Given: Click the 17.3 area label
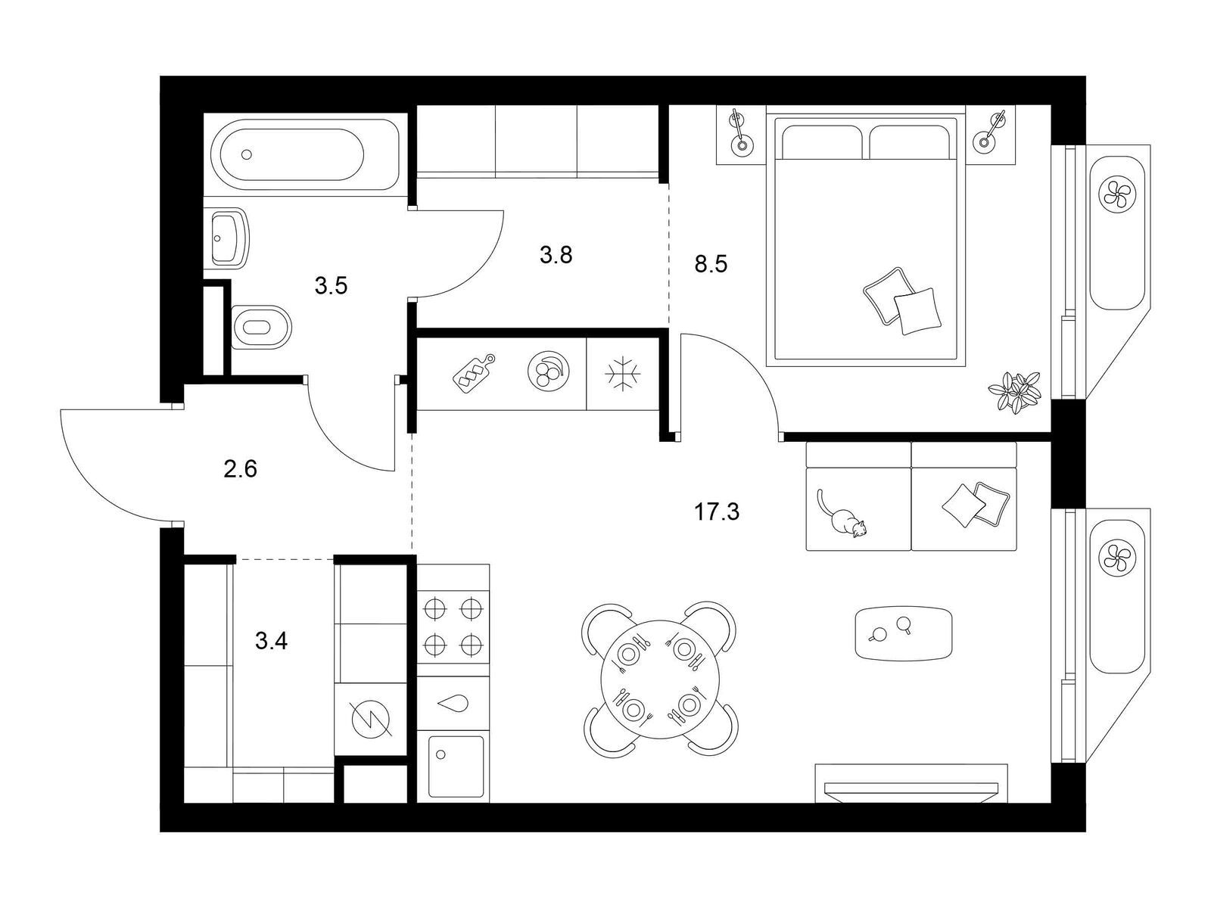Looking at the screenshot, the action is pyautogui.click(x=716, y=513).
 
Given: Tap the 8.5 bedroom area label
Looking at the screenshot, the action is pyautogui.click(x=711, y=264).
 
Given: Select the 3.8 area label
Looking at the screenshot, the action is pyautogui.click(x=556, y=255).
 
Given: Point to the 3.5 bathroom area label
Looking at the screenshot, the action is pyautogui.click(x=331, y=285).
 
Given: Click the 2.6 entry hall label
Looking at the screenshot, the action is pyautogui.click(x=241, y=469).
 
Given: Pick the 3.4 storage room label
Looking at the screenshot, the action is pyautogui.click(x=271, y=641).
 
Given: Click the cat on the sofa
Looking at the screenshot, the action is pyautogui.click(x=841, y=513).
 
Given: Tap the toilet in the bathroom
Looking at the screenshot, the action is pyautogui.click(x=261, y=328).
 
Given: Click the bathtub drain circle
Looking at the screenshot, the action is pyautogui.click(x=247, y=155).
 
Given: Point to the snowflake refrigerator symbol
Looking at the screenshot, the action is pyautogui.click(x=623, y=374).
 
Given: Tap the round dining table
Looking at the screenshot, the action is pyautogui.click(x=661, y=679).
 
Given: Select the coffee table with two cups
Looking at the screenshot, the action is pyautogui.click(x=904, y=633).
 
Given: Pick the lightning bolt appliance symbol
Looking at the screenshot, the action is pyautogui.click(x=370, y=718).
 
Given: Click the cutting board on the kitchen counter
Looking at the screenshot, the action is pyautogui.click(x=473, y=373).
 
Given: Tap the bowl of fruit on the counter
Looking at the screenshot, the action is pyautogui.click(x=549, y=371).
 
